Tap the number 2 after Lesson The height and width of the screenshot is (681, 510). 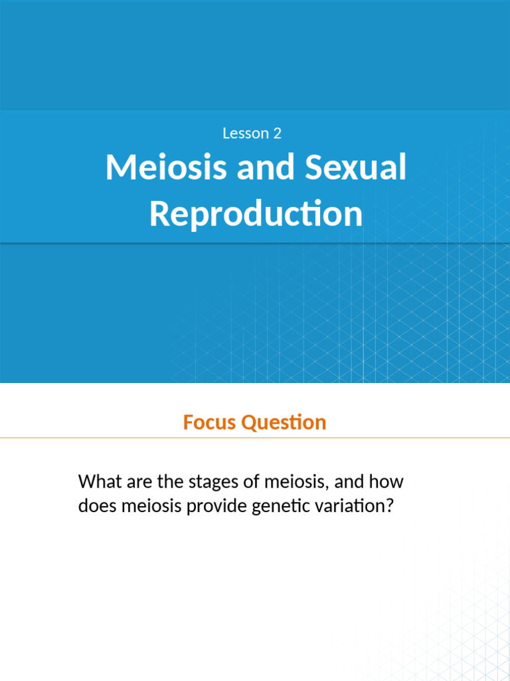[277, 133]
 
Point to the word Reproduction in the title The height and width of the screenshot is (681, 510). [256, 213]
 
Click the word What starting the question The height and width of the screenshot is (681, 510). [98, 481]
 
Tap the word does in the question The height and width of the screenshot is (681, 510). [96, 506]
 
